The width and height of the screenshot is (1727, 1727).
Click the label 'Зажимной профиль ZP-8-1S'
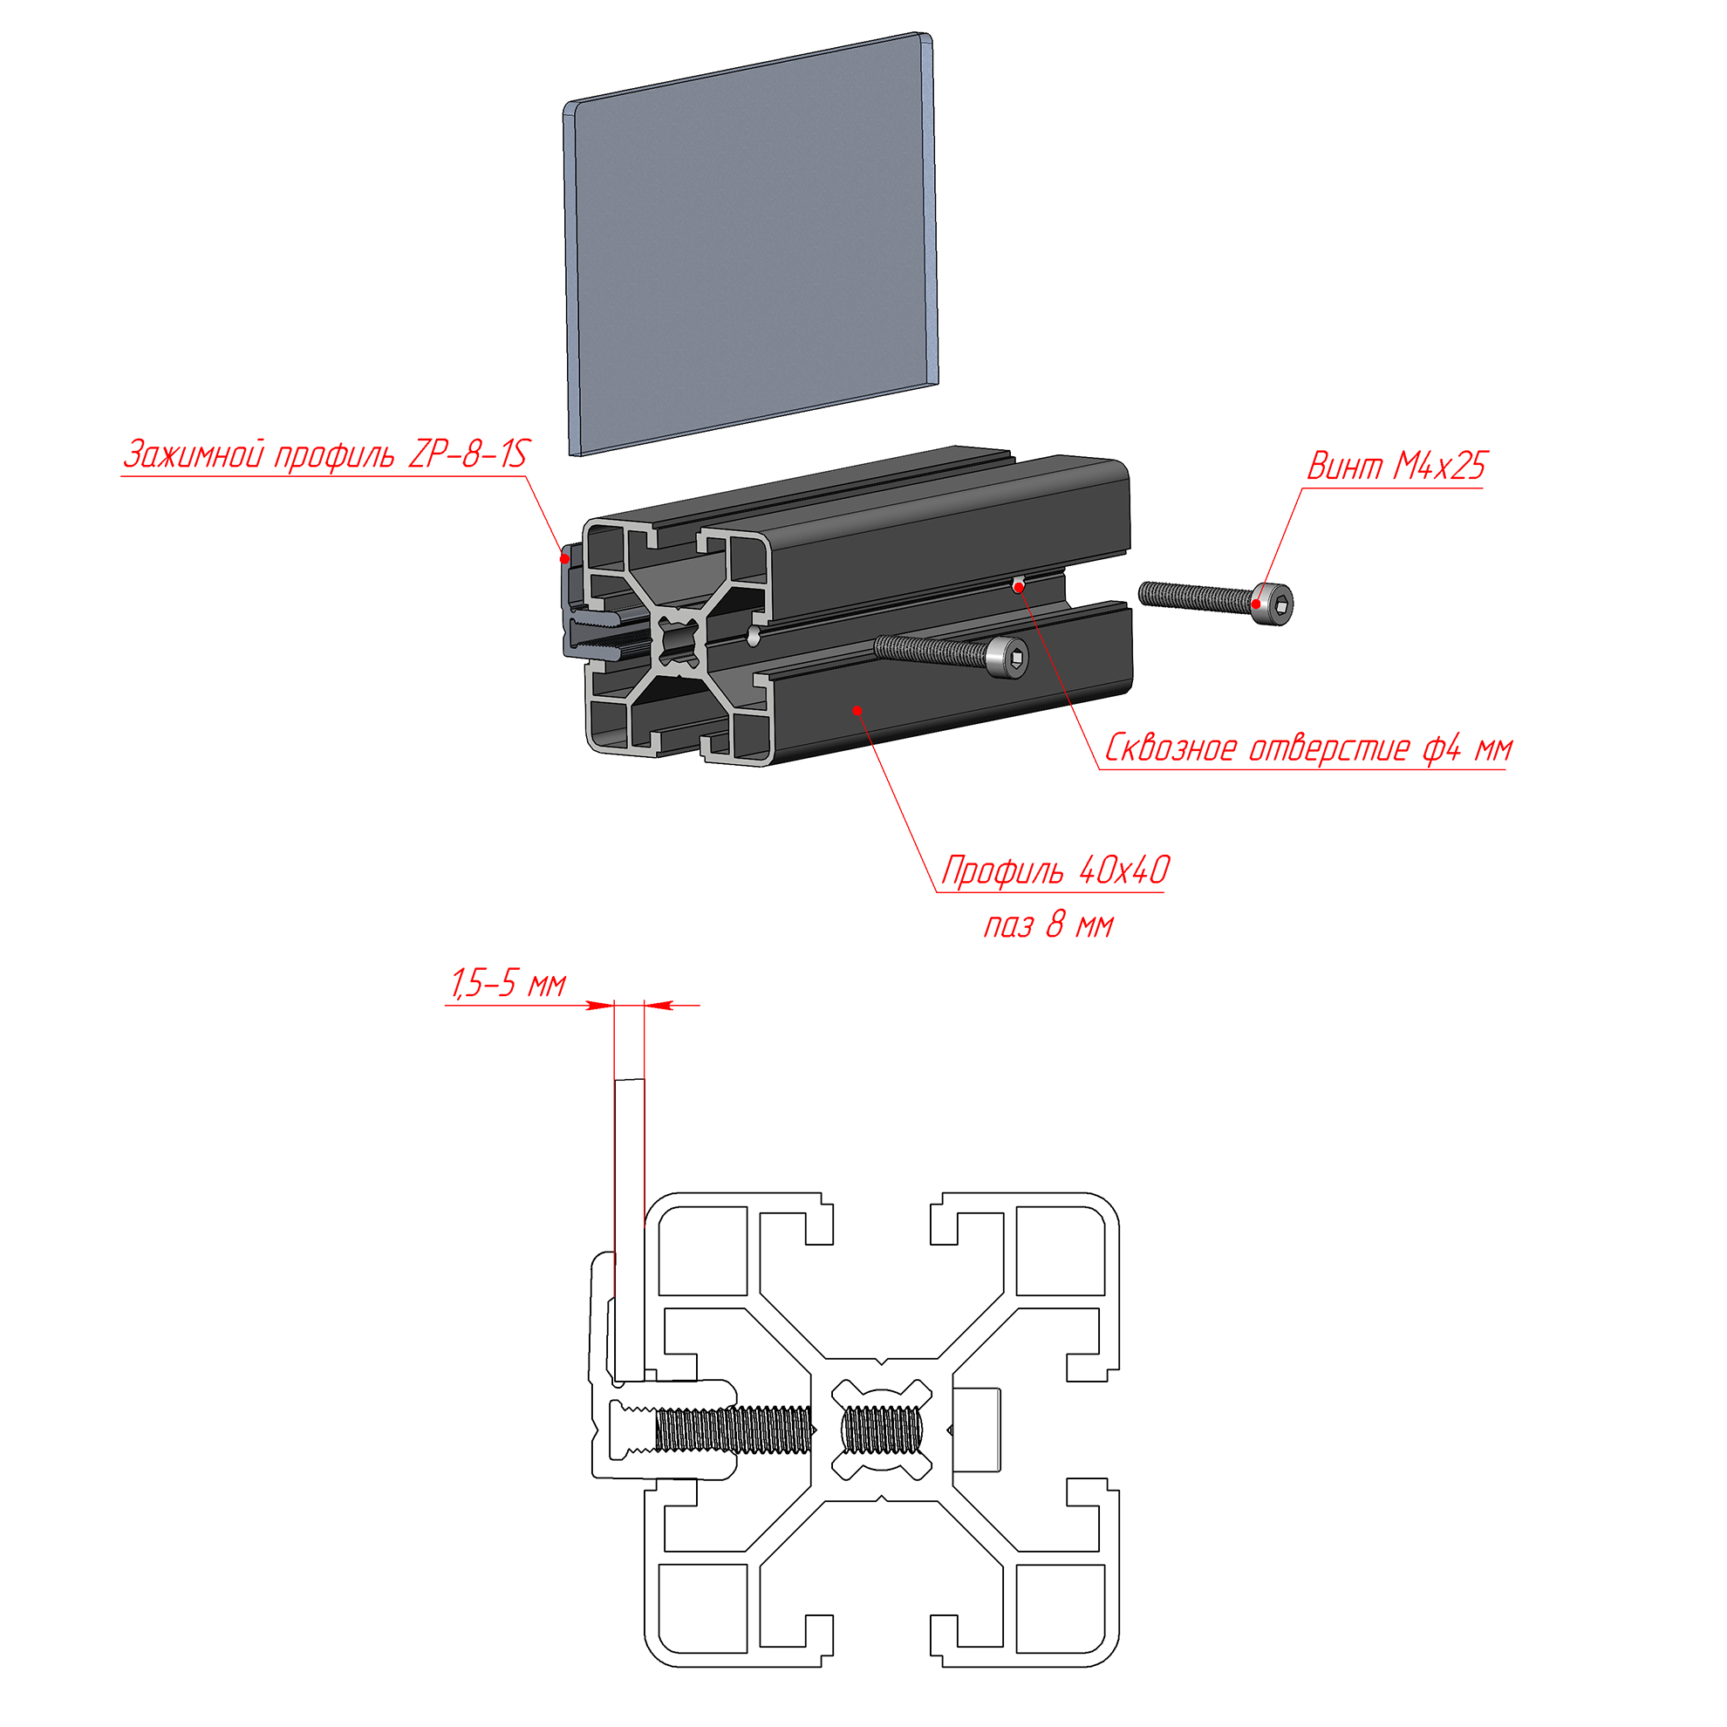326,454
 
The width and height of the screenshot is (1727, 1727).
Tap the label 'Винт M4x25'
1396,465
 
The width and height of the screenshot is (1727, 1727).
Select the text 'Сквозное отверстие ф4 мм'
1308,747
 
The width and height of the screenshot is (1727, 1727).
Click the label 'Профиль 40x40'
1055,870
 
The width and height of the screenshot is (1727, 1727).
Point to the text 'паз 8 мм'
1048,925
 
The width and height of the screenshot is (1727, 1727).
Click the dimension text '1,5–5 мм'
507,983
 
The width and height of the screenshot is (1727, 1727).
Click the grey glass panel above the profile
751,243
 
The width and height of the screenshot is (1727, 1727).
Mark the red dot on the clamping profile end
564,560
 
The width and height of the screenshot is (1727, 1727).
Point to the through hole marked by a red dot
1018,586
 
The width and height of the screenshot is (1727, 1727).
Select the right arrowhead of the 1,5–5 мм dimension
659,1006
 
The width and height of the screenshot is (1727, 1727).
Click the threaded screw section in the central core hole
881,1430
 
